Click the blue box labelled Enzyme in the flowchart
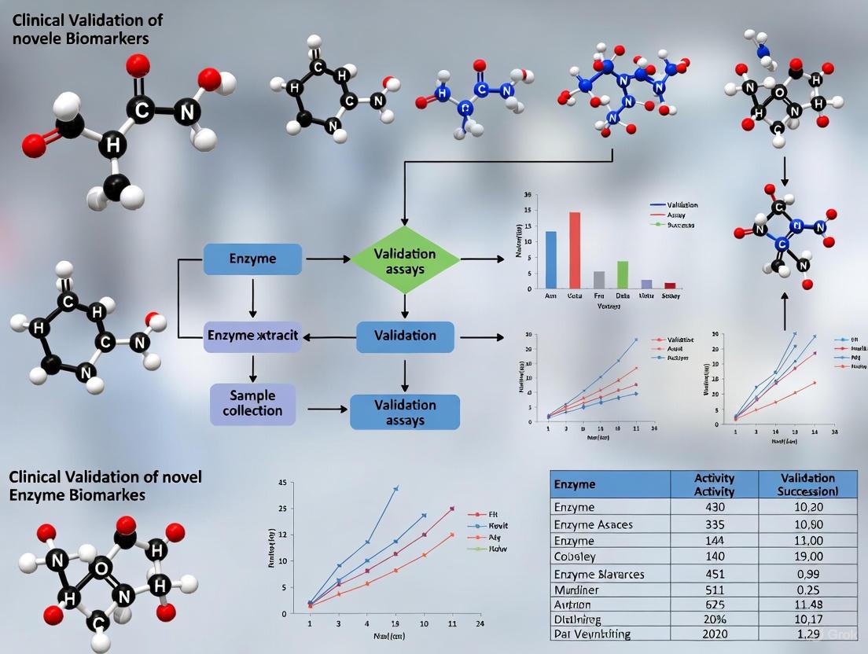click(252, 259)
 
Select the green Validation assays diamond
click(404, 261)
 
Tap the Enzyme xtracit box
click(252, 336)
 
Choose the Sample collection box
click(252, 404)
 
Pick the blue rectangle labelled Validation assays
click(405, 412)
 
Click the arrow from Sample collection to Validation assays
click(326, 409)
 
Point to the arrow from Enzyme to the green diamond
click(327, 258)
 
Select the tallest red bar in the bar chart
click(575, 250)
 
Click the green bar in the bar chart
click(622, 274)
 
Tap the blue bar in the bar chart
click(551, 259)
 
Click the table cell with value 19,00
click(807, 557)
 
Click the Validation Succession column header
click(807, 484)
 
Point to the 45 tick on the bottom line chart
click(282, 483)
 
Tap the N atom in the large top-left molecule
click(187, 112)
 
